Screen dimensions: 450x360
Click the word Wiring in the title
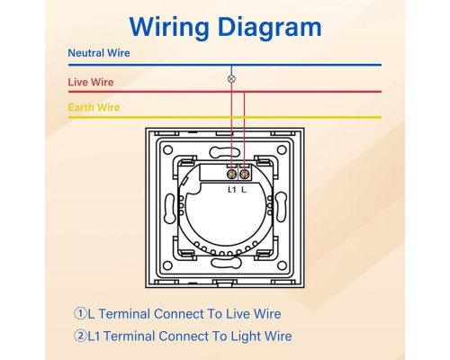coord(169,28)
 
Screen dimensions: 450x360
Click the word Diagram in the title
coord(270,28)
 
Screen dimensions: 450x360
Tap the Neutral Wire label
coord(99,53)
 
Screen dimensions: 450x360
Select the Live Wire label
coord(91,82)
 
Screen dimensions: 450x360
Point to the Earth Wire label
coord(94,107)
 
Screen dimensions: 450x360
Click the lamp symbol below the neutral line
coord(231,79)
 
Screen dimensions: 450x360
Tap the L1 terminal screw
coord(231,174)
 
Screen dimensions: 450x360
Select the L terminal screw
coord(245,174)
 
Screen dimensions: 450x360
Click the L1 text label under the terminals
coord(231,190)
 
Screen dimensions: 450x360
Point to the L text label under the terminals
coord(244,190)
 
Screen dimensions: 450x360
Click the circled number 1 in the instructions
coord(80,313)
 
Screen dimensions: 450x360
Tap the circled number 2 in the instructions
coord(80,336)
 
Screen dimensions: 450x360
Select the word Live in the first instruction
coord(238,314)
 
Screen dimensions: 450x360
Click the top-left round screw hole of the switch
coord(167,149)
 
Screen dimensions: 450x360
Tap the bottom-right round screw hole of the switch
coord(282,265)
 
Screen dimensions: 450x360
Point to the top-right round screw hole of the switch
coord(282,149)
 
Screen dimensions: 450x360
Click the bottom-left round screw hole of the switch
coord(167,265)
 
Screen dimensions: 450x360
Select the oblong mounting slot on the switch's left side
coord(169,209)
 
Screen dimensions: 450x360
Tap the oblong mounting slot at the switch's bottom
coord(226,263)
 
